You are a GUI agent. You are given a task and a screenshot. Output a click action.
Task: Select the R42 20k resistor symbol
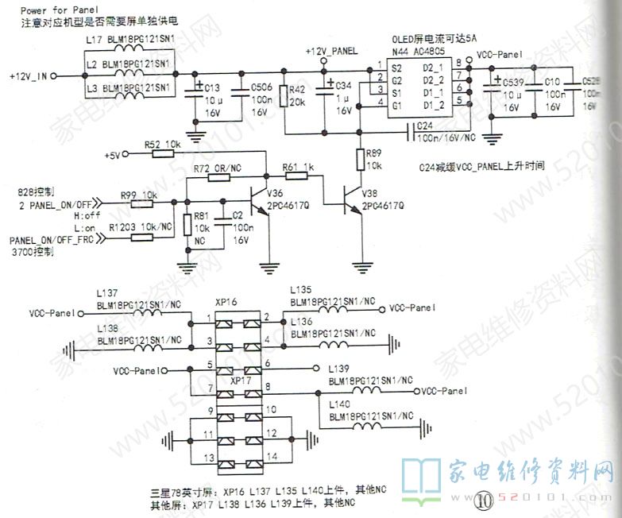[x=283, y=97]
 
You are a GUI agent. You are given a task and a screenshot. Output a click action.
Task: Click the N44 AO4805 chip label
[x=419, y=51]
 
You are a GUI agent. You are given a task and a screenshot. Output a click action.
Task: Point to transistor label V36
[x=275, y=194]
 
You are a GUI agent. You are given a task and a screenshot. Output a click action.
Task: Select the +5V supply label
[x=111, y=156]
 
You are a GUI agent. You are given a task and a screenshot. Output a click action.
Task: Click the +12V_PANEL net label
[x=331, y=51]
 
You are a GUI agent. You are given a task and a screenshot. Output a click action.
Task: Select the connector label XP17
[x=241, y=381]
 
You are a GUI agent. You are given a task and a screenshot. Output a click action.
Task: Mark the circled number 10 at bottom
[x=484, y=501]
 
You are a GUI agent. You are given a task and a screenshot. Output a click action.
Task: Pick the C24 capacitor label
[x=424, y=126]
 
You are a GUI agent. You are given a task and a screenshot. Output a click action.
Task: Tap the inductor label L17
[x=92, y=38]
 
